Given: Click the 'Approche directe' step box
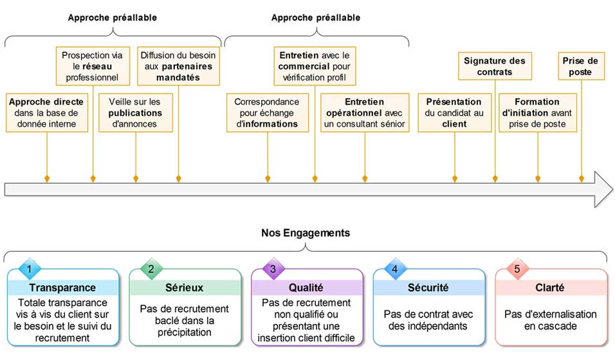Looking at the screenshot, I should click(47, 113).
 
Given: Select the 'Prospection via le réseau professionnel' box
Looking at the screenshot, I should click(93, 66).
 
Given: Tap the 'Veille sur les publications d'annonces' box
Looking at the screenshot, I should click(135, 113).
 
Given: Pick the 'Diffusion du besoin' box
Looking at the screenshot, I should click(178, 66).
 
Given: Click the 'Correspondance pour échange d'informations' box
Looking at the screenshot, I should click(266, 113).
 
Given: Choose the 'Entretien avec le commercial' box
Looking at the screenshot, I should click(315, 66).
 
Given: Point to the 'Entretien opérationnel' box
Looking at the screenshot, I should click(365, 113).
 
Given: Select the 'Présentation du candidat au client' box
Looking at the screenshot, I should click(454, 113).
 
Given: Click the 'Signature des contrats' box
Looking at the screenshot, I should click(495, 66).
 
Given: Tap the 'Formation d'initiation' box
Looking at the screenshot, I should click(538, 113).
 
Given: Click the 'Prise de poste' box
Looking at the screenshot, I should click(581, 66).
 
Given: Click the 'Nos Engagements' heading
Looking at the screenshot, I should click(306, 233).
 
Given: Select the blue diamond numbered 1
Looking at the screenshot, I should click(29, 269).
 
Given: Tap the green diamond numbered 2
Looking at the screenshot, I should click(151, 269).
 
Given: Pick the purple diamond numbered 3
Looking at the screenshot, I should click(273, 269).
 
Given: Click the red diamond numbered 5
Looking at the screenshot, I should click(517, 269).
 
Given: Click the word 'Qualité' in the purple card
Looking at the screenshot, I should click(306, 288).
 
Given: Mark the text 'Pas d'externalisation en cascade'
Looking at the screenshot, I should click(551, 320).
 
